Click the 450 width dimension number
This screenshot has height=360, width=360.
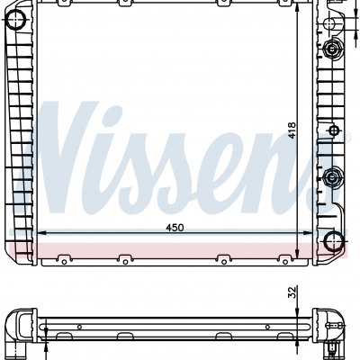[175, 228]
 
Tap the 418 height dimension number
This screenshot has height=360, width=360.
[292, 130]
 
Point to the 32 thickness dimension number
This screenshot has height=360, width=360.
[292, 292]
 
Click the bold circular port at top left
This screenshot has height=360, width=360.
[16, 20]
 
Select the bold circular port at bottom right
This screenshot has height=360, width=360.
[334, 241]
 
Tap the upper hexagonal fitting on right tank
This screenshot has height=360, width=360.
[332, 49]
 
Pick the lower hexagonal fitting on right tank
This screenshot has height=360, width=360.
[332, 177]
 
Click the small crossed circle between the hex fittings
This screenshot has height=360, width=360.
[334, 130]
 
